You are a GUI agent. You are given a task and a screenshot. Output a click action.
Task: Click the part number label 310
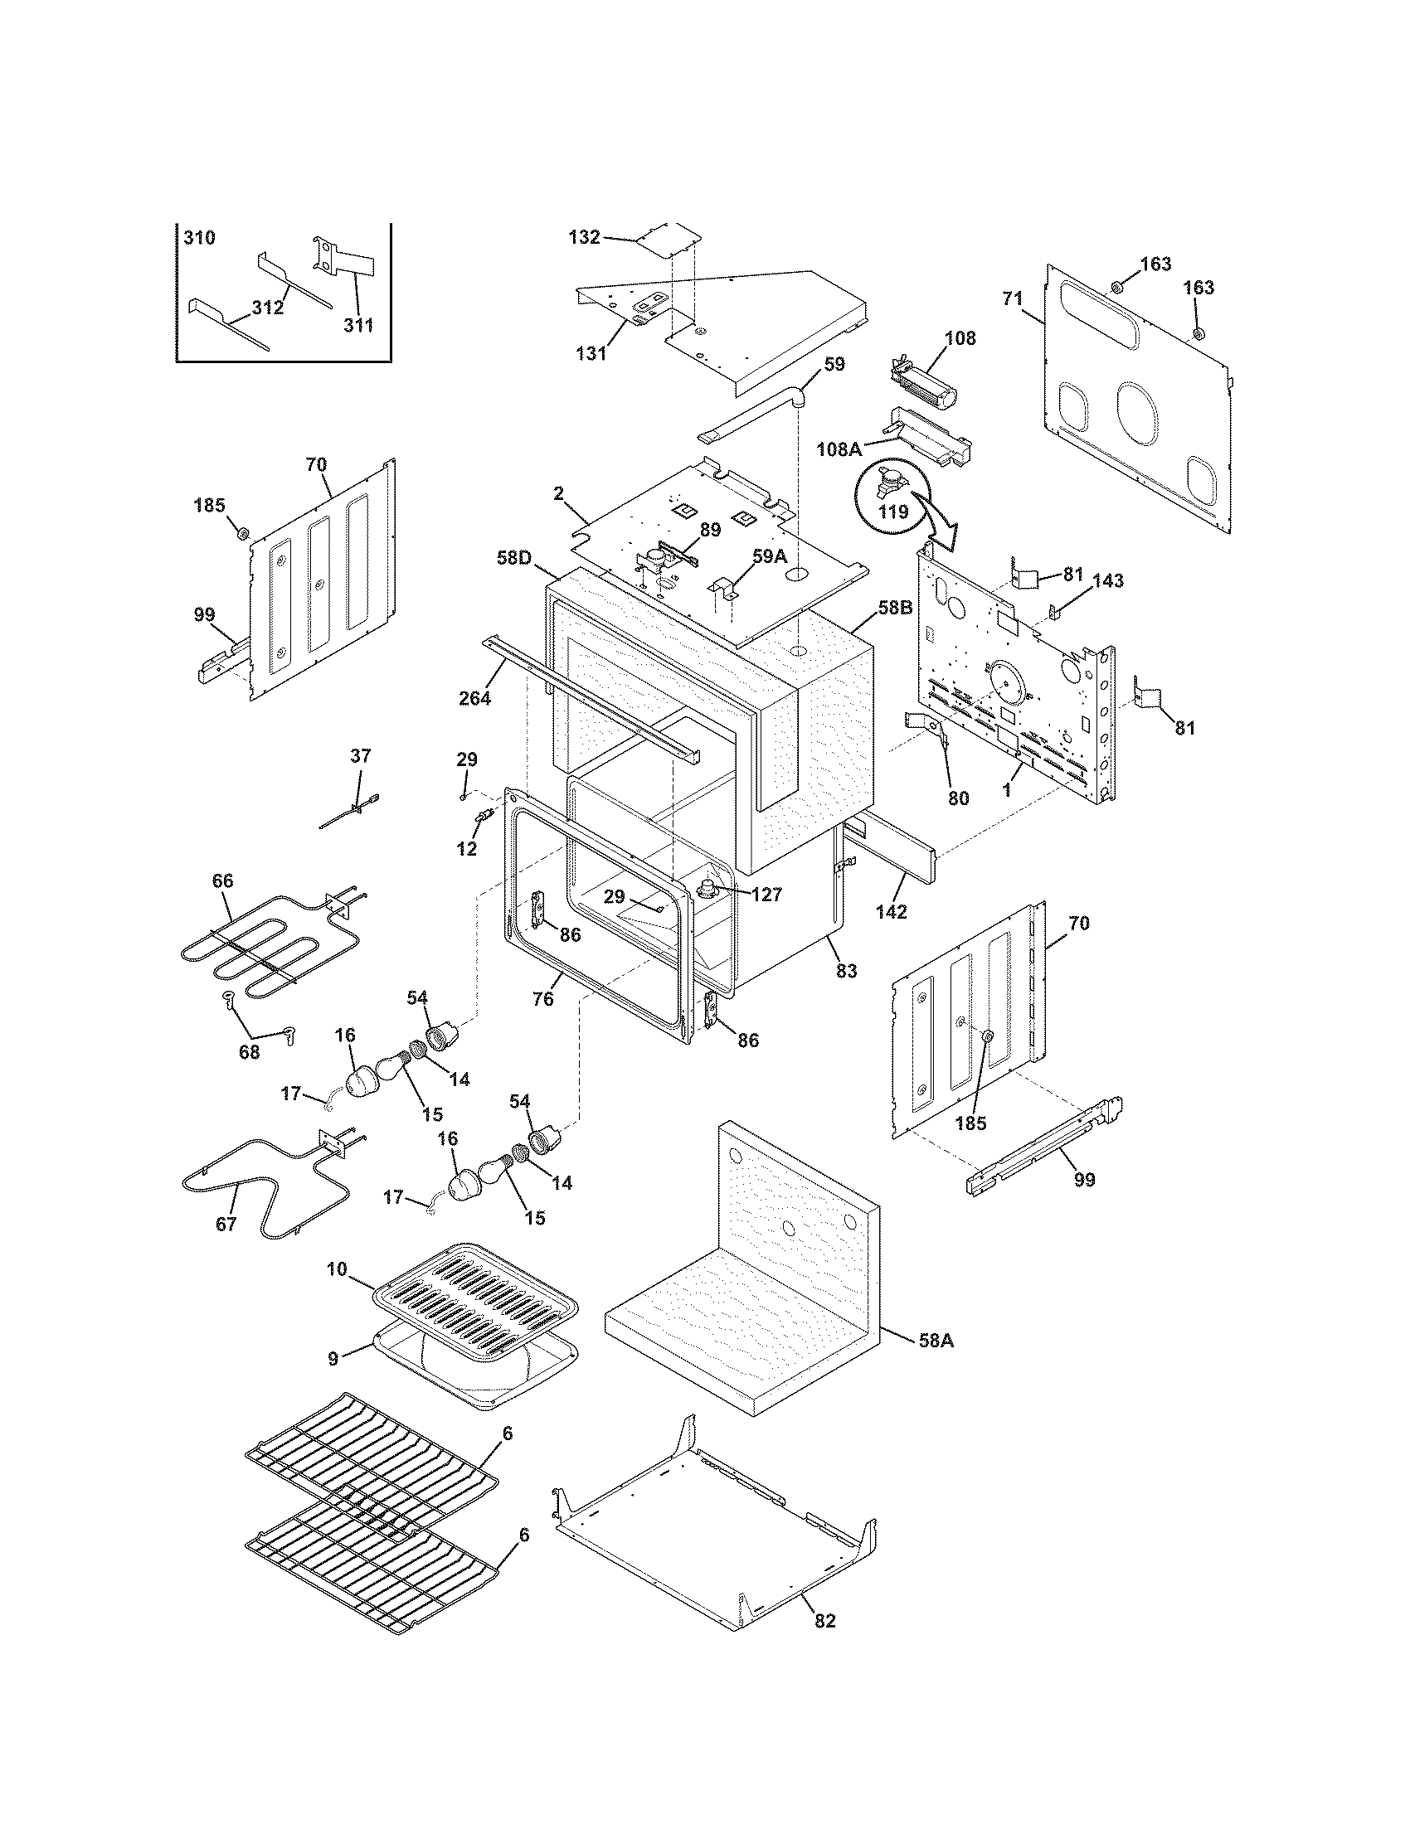tap(199, 238)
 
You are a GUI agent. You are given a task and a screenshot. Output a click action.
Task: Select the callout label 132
tap(584, 237)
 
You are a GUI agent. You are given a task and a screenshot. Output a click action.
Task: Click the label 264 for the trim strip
tap(474, 698)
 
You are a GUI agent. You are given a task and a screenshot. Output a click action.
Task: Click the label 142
tap(892, 912)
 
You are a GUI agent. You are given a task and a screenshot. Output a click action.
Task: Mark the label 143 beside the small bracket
tap(1107, 580)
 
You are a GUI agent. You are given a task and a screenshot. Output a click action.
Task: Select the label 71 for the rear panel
tap(1013, 298)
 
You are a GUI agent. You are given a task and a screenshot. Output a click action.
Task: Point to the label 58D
tap(513, 557)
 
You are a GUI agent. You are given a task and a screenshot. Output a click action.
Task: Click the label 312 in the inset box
tap(267, 308)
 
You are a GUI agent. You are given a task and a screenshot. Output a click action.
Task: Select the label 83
tap(846, 972)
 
